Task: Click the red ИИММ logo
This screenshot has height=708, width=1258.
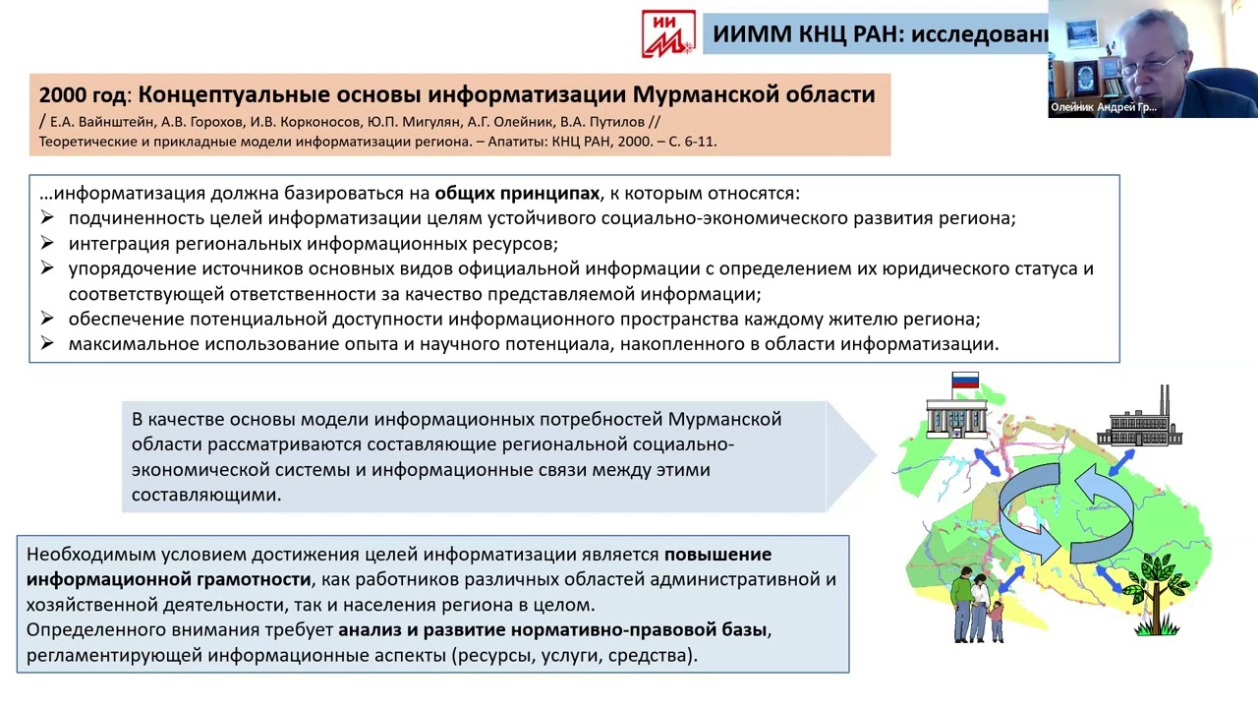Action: tap(668, 33)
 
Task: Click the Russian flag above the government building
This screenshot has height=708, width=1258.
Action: tap(965, 382)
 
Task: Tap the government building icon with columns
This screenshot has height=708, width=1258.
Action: tap(956, 417)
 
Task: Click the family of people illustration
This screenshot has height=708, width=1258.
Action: tap(977, 604)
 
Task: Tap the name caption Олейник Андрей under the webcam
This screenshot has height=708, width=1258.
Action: tap(1104, 107)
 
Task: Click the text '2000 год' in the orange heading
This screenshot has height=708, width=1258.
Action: tap(83, 95)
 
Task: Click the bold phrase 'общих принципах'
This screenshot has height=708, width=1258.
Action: tap(517, 193)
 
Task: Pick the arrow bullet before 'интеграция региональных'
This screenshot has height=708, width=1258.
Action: tap(46, 243)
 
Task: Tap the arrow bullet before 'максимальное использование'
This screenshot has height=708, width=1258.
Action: tap(46, 344)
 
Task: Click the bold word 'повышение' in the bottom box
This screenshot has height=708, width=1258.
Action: tap(717, 554)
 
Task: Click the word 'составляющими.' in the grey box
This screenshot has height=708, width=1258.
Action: tap(206, 495)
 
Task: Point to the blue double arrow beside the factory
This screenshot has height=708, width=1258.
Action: tap(1121, 462)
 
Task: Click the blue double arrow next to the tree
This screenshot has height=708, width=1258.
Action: tap(1109, 580)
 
